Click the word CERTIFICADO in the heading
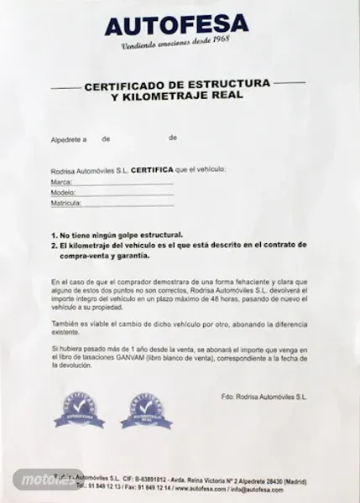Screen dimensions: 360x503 coord(123,86)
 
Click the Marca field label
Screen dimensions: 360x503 coord(61,181)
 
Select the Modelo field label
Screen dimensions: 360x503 coord(63,192)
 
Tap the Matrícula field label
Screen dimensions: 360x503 coord(65,203)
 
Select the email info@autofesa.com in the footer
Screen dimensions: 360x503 coord(255,486)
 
